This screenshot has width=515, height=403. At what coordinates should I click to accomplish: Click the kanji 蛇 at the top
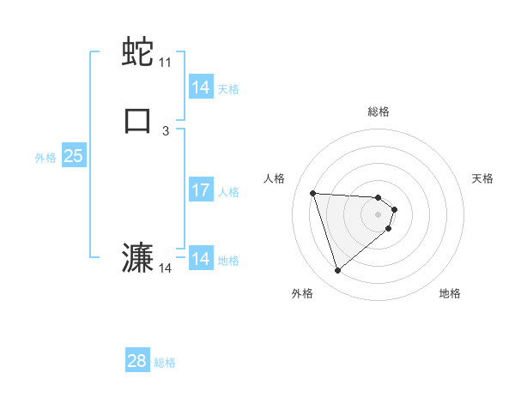pyautogui.click(x=137, y=52)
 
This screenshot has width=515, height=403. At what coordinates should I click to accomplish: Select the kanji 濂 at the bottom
pyautogui.click(x=137, y=258)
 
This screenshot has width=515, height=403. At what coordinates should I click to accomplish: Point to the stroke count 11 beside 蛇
pyautogui.click(x=165, y=63)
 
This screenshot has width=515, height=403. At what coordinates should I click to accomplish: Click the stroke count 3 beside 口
pyautogui.click(x=165, y=130)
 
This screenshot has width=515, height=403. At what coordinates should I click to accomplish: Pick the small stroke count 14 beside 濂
pyautogui.click(x=165, y=268)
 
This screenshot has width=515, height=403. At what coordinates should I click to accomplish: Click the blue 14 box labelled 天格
pyautogui.click(x=201, y=87)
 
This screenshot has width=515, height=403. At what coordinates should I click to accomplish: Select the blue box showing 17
pyautogui.click(x=201, y=190)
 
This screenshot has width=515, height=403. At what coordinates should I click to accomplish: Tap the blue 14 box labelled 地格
pyautogui.click(x=201, y=258)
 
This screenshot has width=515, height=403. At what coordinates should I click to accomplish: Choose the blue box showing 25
pyautogui.click(x=73, y=156)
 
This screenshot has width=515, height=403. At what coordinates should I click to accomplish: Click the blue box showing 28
pyautogui.click(x=137, y=361)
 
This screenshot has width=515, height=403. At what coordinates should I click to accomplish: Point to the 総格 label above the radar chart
pyautogui.click(x=379, y=111)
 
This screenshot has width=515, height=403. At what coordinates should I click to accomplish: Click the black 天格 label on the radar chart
pyautogui.click(x=482, y=178)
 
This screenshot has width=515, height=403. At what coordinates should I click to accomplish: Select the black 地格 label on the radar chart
pyautogui.click(x=450, y=293)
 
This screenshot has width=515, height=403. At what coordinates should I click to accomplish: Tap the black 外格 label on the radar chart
pyautogui.click(x=302, y=293)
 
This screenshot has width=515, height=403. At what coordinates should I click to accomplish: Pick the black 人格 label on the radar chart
pyautogui.click(x=275, y=178)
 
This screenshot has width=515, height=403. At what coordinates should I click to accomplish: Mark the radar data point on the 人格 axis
pyautogui.click(x=313, y=193)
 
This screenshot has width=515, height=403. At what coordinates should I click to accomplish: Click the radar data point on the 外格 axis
pyautogui.click(x=337, y=271)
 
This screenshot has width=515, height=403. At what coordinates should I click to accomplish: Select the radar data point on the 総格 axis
pyautogui.click(x=379, y=196)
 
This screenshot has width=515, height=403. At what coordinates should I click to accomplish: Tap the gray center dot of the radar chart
pyautogui.click(x=379, y=214)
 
